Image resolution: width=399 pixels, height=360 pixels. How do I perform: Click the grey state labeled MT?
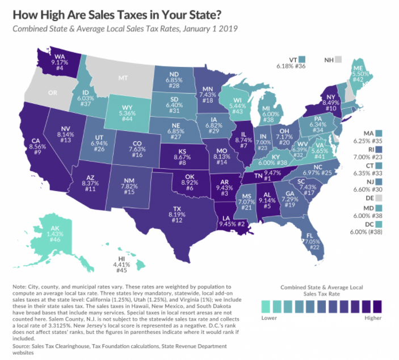123,77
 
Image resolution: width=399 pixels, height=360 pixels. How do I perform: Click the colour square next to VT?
303,59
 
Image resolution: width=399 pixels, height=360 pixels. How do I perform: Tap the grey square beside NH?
338,59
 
